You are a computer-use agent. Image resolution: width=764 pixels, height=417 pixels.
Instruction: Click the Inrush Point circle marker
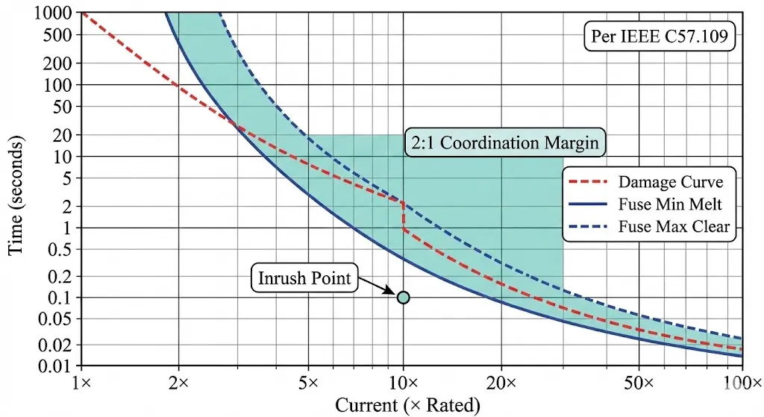point(403,298)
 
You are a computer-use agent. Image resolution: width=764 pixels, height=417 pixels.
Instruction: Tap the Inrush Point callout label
point(304,279)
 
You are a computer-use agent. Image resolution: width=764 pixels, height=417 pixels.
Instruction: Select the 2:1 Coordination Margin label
point(504,142)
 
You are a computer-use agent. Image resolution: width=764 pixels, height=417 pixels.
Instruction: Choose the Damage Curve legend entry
point(650,182)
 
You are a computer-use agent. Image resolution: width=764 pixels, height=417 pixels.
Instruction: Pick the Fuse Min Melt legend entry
point(650,204)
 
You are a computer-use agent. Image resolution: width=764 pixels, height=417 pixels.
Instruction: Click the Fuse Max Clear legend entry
point(650,227)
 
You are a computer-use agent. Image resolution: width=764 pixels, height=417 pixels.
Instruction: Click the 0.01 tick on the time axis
point(58,366)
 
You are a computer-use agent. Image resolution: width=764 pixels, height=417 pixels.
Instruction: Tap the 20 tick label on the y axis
point(64,135)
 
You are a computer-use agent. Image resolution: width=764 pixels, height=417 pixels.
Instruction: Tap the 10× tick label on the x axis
point(403,383)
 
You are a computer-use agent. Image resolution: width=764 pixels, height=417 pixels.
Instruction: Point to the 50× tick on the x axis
point(645,383)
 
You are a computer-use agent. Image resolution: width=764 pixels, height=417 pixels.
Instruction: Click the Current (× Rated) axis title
point(407,405)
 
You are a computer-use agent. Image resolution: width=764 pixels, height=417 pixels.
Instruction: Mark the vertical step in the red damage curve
point(403,216)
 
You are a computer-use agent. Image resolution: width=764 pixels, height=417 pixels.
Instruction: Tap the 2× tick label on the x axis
point(178,383)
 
